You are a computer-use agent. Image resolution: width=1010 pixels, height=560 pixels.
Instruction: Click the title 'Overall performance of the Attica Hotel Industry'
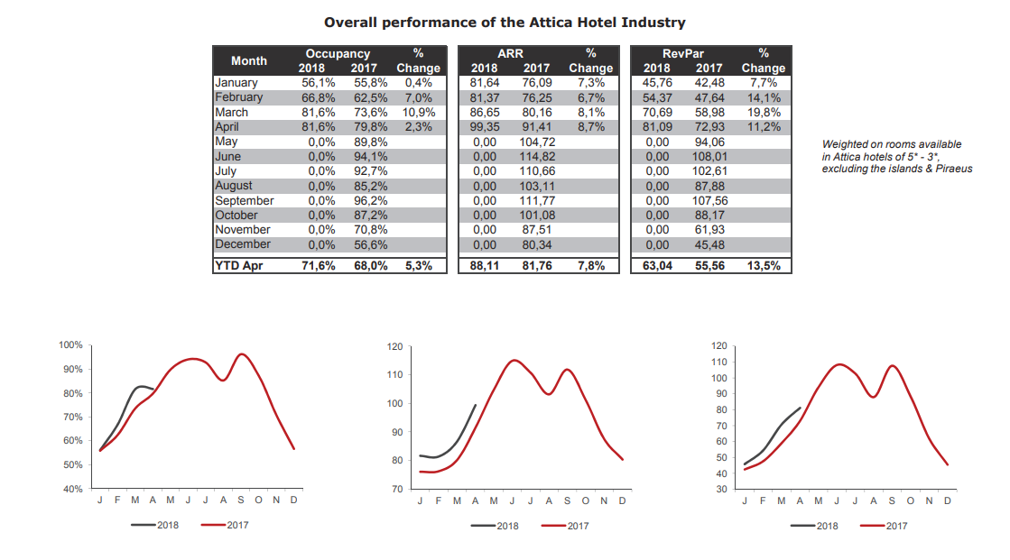point(505,22)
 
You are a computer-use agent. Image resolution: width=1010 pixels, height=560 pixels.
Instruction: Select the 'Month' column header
point(249,60)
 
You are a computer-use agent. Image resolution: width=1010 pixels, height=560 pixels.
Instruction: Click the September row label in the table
point(244,200)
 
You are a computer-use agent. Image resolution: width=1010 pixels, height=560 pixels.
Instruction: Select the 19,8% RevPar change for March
point(763,113)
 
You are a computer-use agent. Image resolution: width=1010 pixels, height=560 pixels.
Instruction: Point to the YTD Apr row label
point(238,265)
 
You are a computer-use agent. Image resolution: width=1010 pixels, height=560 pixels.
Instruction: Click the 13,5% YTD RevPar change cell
point(763,265)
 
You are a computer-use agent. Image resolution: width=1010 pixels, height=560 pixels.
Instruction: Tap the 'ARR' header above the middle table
point(510,54)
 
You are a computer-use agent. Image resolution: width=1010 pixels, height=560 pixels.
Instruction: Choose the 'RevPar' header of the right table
point(682,54)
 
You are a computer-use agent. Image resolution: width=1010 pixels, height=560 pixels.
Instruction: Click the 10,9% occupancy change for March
point(418,113)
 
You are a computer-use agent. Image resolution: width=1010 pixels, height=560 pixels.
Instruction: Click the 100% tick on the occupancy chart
point(70,345)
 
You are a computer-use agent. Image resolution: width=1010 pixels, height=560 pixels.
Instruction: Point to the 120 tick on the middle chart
point(394,346)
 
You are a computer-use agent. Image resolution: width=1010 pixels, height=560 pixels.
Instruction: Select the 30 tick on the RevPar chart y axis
point(719,489)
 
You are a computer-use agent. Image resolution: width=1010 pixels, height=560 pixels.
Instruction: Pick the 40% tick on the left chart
point(72,489)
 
